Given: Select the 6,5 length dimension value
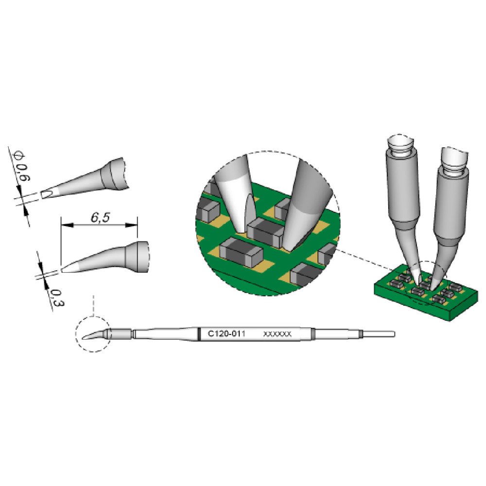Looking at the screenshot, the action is point(100,217).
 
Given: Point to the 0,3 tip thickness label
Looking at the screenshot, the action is point(57,297).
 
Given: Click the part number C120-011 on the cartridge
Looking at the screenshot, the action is point(226,334).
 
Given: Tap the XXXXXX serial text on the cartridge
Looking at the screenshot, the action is point(277,334).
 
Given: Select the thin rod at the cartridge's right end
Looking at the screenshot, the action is point(378,334).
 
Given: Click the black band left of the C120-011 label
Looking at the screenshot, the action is point(198,334).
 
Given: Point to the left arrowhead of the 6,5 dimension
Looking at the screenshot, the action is point(67,226).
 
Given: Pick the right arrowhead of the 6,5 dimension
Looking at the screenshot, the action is point(131,226).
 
